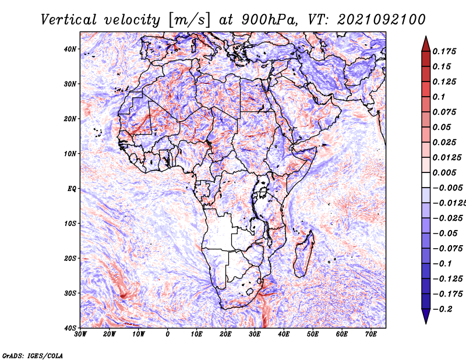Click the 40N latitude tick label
[x=70, y=49]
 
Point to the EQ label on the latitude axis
[x=72, y=189]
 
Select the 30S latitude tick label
[x=70, y=294]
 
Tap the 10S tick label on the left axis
[x=70, y=224]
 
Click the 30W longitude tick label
[x=80, y=334]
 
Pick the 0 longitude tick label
[x=168, y=334]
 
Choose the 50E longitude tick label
[x=313, y=334]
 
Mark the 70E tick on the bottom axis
[x=371, y=334]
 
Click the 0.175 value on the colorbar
[x=444, y=52]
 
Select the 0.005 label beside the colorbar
[x=444, y=172]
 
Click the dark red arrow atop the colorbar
[x=426, y=45]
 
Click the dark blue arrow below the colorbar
[x=426, y=316]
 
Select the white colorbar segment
[x=426, y=180]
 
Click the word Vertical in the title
[x=69, y=20]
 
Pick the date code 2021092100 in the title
[x=382, y=20]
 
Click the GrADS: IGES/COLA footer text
[x=33, y=355]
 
